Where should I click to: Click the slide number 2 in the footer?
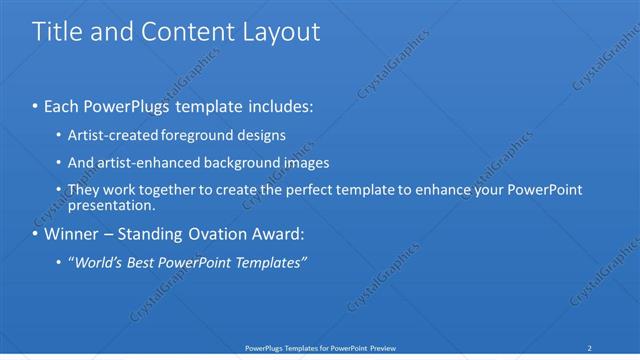pos(590,348)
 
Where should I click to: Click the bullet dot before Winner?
pos(35,236)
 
